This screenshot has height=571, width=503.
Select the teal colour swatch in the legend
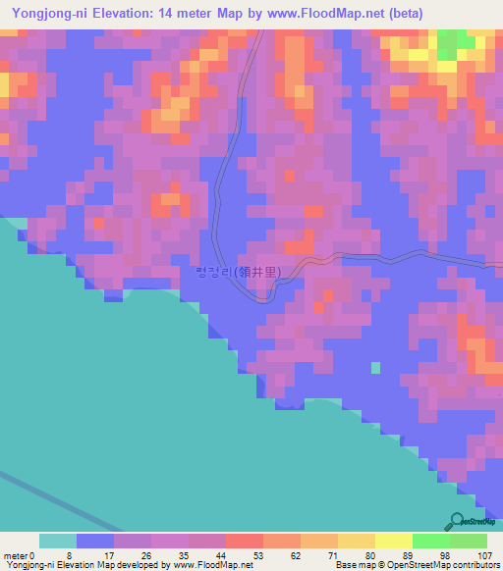point(58,541)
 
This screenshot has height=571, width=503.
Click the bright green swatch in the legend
point(430,541)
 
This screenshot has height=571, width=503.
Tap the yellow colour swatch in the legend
point(393,541)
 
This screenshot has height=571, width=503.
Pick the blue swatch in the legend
point(95,541)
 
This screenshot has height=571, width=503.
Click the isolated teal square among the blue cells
point(375,368)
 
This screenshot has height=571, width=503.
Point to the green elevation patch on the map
point(451,44)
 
